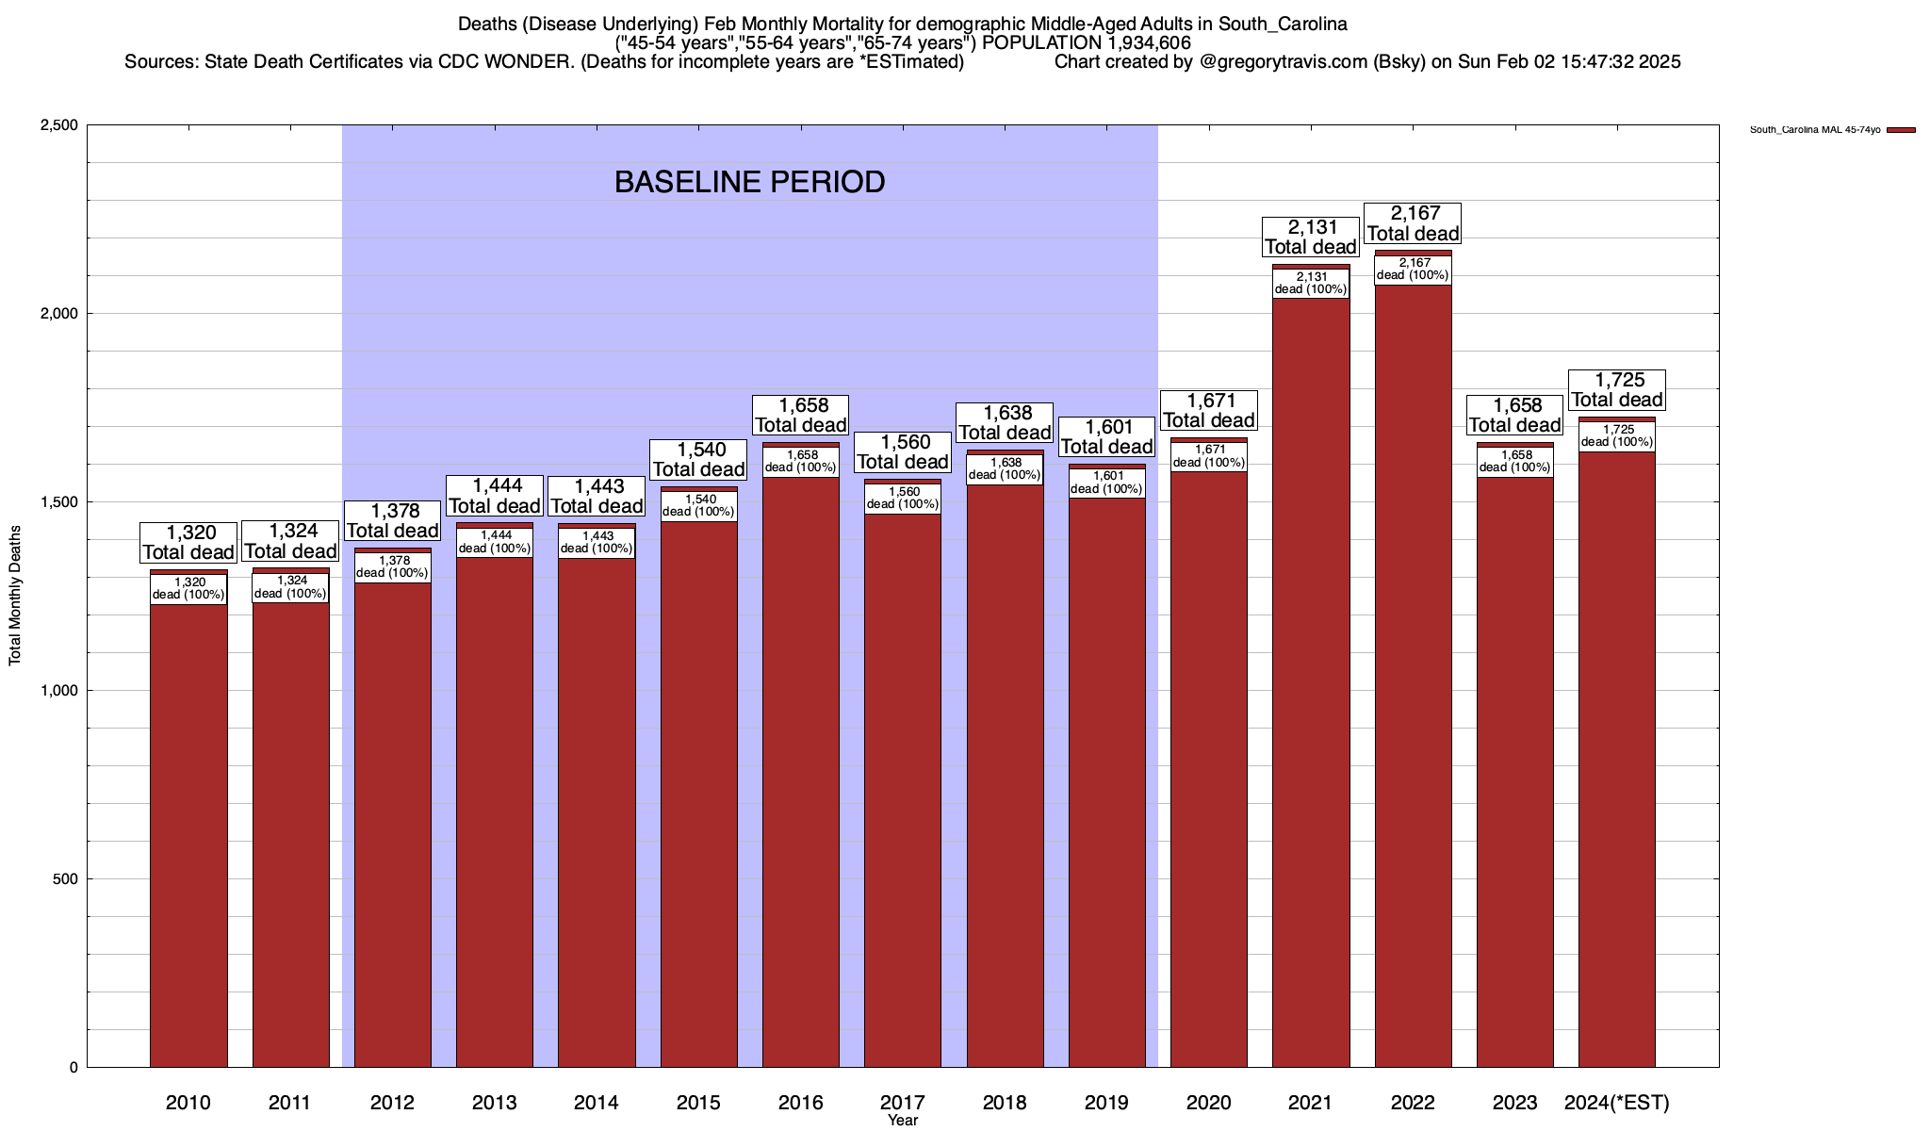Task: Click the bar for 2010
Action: coord(188,829)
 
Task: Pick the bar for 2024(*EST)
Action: coord(1617,754)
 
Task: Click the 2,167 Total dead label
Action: coord(1414,223)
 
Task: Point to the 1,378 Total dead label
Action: coord(393,520)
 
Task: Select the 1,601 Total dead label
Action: coord(1107,436)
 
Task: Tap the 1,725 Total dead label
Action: coord(1617,389)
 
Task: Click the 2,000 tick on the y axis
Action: coord(60,314)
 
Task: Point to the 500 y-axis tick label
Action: coord(66,879)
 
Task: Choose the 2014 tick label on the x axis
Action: coord(597,1102)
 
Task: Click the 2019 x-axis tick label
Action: coord(1107,1102)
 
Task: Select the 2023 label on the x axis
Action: coord(1515,1102)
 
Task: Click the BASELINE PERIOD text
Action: coord(749,182)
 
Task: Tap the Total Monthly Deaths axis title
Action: coord(15,596)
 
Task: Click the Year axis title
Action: coord(903,1121)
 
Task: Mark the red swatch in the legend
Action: coord(1901,130)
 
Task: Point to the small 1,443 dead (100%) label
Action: coord(597,542)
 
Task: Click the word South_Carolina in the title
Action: coord(1282,24)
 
